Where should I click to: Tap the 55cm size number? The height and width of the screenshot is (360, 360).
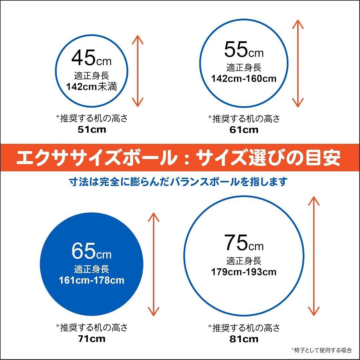[x=244, y=50]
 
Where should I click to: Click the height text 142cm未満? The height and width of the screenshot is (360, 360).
[x=91, y=87]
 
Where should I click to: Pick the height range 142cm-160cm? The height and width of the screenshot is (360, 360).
[x=244, y=79]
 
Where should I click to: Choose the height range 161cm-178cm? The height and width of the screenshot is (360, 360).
[x=91, y=280]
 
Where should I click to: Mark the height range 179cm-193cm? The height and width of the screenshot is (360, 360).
[x=244, y=272]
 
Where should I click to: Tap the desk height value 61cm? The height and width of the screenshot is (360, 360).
[x=244, y=130]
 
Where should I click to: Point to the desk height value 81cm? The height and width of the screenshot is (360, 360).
[x=244, y=339]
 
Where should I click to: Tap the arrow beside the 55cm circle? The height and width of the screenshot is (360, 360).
[x=298, y=63]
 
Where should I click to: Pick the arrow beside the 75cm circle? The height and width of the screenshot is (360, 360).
[x=313, y=256]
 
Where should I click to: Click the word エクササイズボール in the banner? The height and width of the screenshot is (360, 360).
[x=97, y=158]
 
